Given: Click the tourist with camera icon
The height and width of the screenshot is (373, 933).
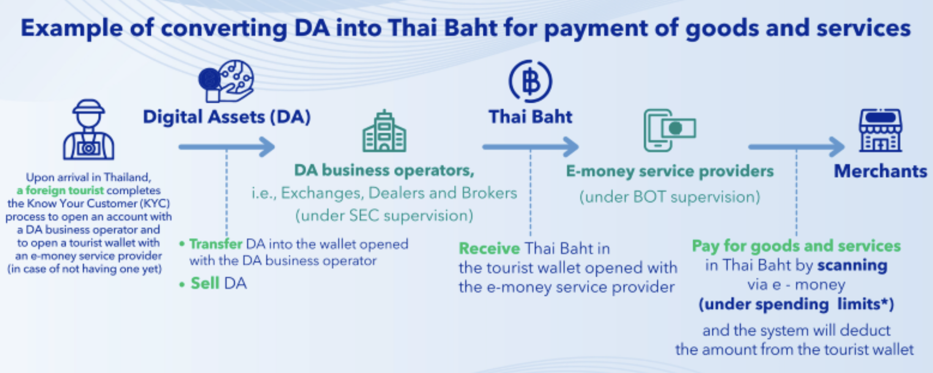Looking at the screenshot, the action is click(x=88, y=130).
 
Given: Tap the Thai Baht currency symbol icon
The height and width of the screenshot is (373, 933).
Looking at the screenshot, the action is click(x=530, y=81).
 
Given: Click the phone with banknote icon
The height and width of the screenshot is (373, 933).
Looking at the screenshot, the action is click(x=670, y=130).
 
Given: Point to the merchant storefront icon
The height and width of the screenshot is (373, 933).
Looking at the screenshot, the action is click(x=881, y=130).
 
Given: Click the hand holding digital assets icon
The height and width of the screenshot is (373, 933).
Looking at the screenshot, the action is click(x=226, y=81).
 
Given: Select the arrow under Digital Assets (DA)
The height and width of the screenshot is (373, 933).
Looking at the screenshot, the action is click(x=227, y=147).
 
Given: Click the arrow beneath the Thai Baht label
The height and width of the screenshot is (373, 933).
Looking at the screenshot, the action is click(x=530, y=147).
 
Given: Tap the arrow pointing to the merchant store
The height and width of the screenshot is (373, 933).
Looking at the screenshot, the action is click(x=796, y=147).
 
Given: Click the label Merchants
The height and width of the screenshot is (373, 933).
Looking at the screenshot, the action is click(x=880, y=171).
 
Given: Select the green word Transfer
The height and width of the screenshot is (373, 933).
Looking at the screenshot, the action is click(x=216, y=244).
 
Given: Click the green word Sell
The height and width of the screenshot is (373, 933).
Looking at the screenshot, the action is click(x=205, y=283).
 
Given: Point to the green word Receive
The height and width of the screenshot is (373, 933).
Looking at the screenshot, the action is click(x=489, y=248).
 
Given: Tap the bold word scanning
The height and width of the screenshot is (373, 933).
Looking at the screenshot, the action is click(x=852, y=266).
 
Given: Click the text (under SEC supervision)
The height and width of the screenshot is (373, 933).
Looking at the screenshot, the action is click(x=384, y=216).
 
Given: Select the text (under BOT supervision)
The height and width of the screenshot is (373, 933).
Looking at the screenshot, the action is click(x=670, y=197).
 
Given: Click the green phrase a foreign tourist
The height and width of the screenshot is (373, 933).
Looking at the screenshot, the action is click(x=60, y=190).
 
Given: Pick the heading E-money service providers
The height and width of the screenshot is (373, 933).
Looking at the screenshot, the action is click(x=670, y=171).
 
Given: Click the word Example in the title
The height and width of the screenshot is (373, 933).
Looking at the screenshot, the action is click(x=72, y=28).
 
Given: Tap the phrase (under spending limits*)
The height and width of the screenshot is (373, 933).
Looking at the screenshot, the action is click(x=796, y=305).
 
